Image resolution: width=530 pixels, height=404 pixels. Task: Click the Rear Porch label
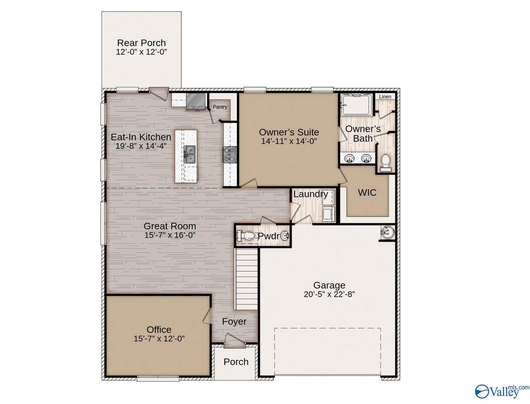pos(141,43)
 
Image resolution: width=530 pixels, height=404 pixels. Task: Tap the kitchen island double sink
pos(189,154)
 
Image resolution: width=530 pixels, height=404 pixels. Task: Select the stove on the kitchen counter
pos(229,154)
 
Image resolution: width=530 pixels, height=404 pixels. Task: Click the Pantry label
pos(220,107)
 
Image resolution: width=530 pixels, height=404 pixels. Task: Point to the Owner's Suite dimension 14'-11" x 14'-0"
pos(289,141)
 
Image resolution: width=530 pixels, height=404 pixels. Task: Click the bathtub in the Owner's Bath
pos(356,105)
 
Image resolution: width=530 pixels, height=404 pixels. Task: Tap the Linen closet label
pos(385,97)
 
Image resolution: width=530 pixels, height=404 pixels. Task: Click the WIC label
pos(367,193)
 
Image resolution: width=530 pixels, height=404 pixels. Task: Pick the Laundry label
pos(311,194)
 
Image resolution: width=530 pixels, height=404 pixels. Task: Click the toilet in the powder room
pos(245,235)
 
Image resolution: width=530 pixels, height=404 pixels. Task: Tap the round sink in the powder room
pos(285,236)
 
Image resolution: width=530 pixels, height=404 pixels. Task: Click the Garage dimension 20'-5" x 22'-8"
pos(329,294)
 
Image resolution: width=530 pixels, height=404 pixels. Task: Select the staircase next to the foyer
pos(246,279)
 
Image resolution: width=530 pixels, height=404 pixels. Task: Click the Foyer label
pos(234,322)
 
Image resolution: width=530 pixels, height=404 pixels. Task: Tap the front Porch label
pos(236,362)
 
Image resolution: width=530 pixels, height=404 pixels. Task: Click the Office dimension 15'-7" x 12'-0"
pos(159,339)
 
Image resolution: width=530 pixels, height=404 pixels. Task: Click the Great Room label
pos(170,226)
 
